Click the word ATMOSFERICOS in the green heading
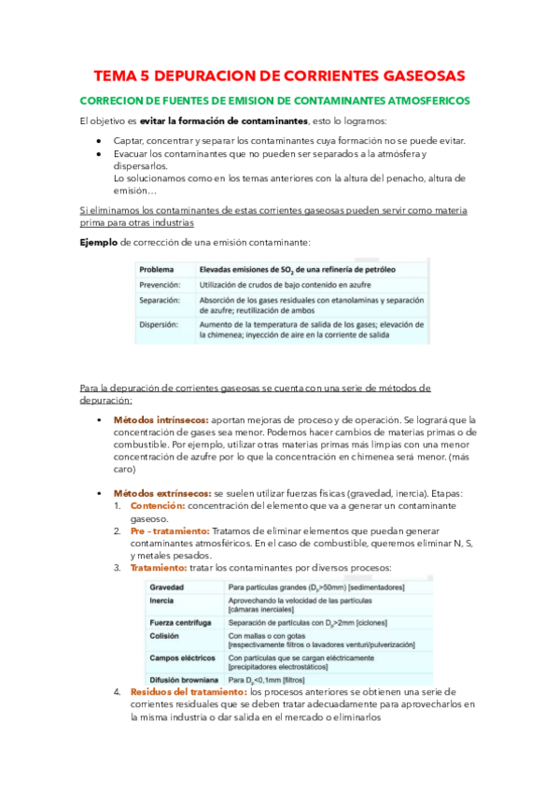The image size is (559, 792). click(425, 99)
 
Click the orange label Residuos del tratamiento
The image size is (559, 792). click(188, 692)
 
